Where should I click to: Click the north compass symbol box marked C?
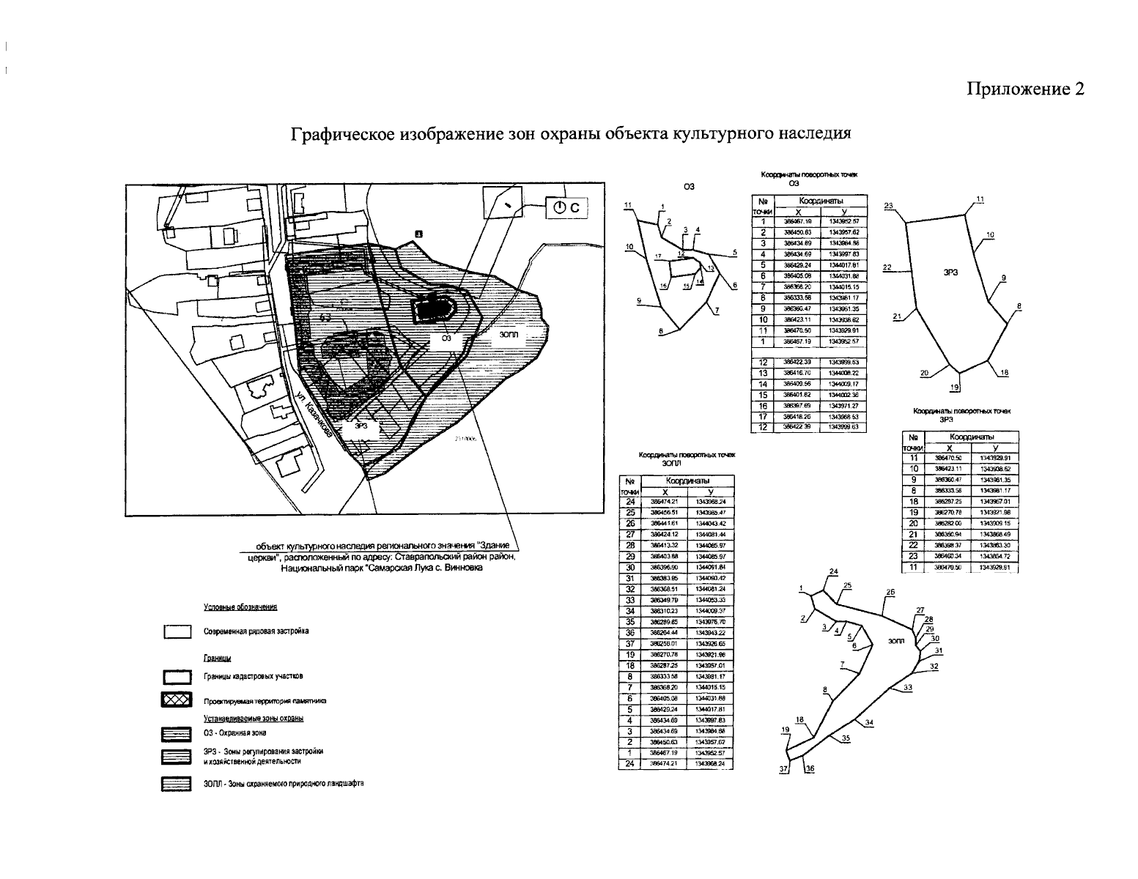point(566,208)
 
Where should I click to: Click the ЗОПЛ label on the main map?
point(509,333)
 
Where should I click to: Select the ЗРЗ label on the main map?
point(361,425)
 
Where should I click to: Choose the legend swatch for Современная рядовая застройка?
point(177,631)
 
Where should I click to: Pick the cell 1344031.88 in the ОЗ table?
point(843,275)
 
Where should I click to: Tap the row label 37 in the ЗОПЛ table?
point(629,643)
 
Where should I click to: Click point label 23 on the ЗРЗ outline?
point(888,206)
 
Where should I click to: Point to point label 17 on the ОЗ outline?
point(658,256)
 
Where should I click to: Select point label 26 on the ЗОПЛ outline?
point(890,592)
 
